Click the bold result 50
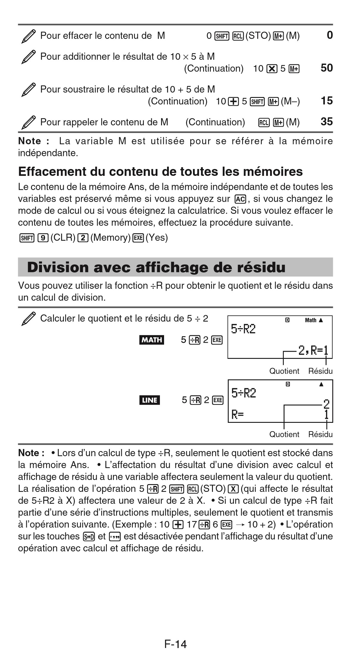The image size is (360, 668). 326,68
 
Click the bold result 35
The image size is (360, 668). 326,122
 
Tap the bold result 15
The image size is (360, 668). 326,101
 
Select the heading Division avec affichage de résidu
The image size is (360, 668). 156,267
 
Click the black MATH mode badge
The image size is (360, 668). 152,340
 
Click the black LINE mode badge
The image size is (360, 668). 149,400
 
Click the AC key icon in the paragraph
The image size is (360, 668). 240,199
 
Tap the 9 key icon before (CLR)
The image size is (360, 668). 43,238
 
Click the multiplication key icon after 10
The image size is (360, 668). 272,69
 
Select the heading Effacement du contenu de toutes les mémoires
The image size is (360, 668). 160,172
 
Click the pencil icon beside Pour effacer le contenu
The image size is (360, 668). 29,36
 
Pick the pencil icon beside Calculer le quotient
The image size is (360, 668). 29,319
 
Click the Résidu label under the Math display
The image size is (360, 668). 320,371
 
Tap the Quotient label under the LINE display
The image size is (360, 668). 284,434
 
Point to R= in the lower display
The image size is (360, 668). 237,414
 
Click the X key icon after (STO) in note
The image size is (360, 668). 233,489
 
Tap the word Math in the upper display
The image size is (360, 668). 311,320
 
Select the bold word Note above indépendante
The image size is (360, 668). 29,141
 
